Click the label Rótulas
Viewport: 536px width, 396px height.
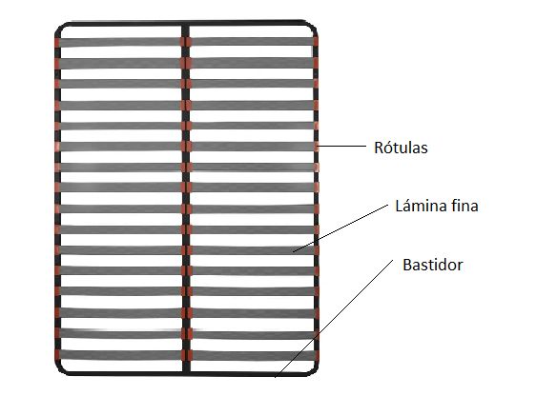[x=401, y=148]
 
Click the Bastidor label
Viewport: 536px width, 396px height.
[x=433, y=265]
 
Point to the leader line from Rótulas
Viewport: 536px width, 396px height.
[x=341, y=146]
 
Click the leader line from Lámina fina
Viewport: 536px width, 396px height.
[x=340, y=228]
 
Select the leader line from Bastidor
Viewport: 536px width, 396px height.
[x=334, y=319]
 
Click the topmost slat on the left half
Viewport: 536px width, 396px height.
[x=120, y=42]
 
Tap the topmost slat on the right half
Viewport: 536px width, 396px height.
[x=253, y=42]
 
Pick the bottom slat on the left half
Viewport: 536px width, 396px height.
[x=120, y=355]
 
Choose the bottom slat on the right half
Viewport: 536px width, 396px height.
[x=253, y=355]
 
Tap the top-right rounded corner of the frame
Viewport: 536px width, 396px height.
[x=312, y=28]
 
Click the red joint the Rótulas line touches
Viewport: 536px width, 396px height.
[x=317, y=147]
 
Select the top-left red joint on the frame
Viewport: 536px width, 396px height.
[x=57, y=43]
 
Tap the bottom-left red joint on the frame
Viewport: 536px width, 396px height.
[x=57, y=355]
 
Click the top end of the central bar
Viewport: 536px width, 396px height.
[x=185, y=25]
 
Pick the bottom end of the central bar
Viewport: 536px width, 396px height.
[x=186, y=373]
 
